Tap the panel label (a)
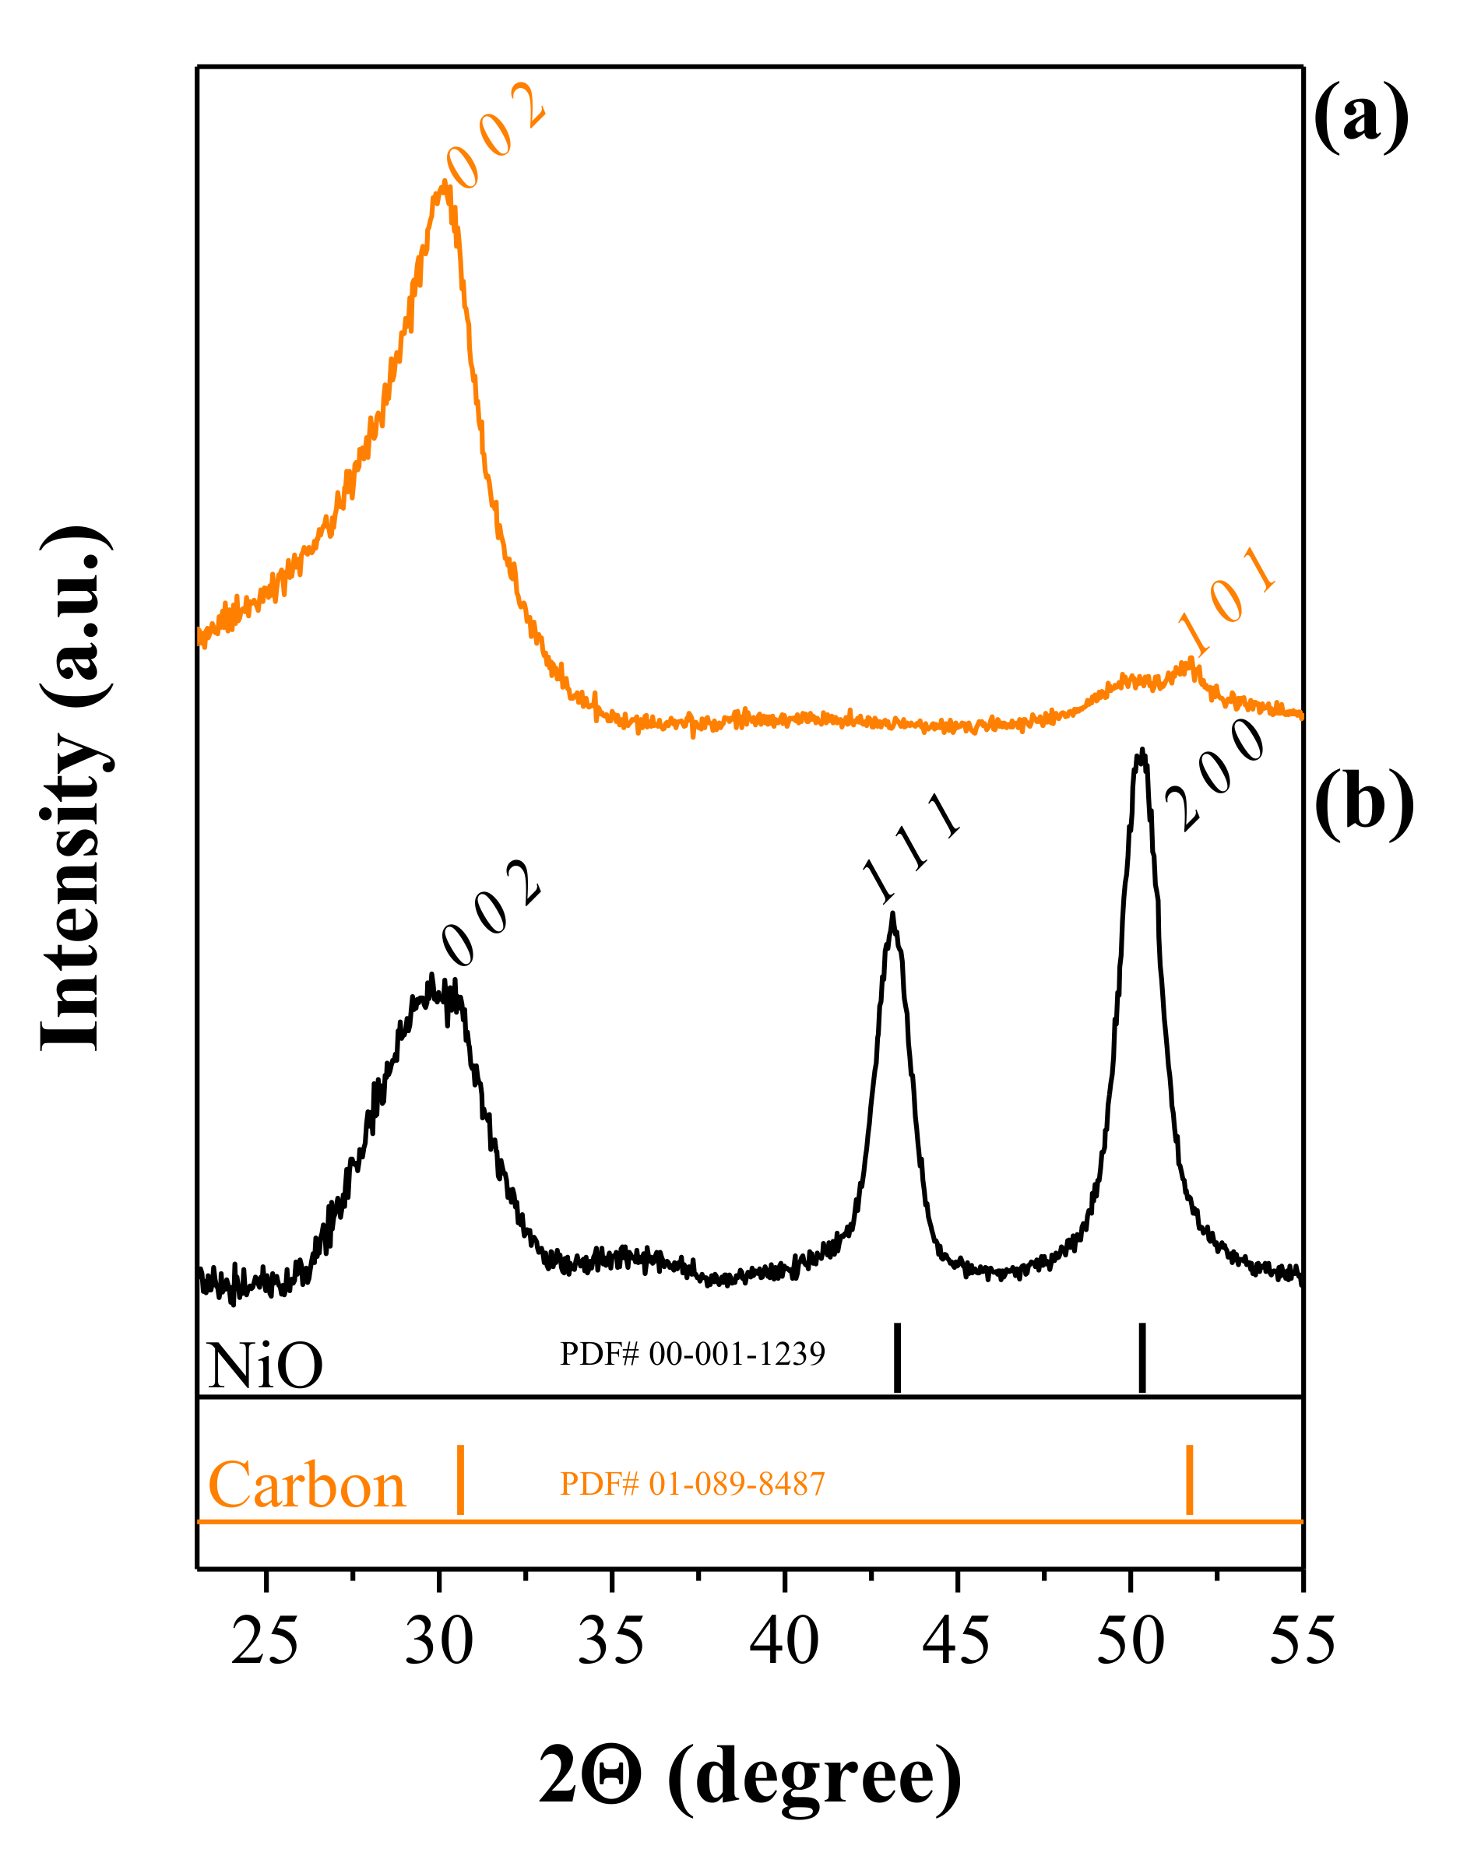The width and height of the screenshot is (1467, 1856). (x=1360, y=116)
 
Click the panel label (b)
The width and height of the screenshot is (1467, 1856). (x=1364, y=803)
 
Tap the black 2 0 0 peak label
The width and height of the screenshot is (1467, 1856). (x=1216, y=775)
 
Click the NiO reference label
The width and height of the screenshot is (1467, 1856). (x=265, y=1366)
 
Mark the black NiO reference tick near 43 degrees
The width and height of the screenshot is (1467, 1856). (x=898, y=1358)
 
